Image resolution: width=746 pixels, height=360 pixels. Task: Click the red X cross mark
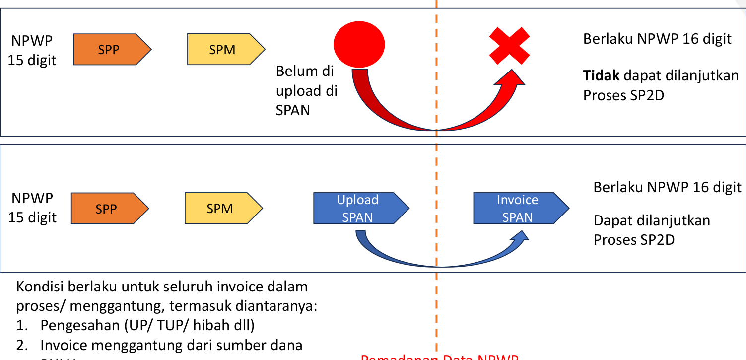pyautogui.click(x=509, y=45)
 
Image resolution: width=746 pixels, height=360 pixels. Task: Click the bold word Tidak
pyautogui.click(x=602, y=76)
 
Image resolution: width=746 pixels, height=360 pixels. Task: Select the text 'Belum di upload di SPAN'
pyautogui.click(x=306, y=90)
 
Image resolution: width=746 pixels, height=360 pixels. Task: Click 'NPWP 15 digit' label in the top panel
pyautogui.click(x=32, y=50)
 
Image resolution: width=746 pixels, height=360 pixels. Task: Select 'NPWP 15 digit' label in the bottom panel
pyautogui.click(x=32, y=208)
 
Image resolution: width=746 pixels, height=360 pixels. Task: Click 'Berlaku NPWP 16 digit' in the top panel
pyautogui.click(x=657, y=39)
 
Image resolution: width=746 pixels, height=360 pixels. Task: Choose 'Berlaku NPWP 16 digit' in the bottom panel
pyautogui.click(x=667, y=187)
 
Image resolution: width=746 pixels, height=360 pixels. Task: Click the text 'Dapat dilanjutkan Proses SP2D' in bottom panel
pyautogui.click(x=651, y=230)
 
